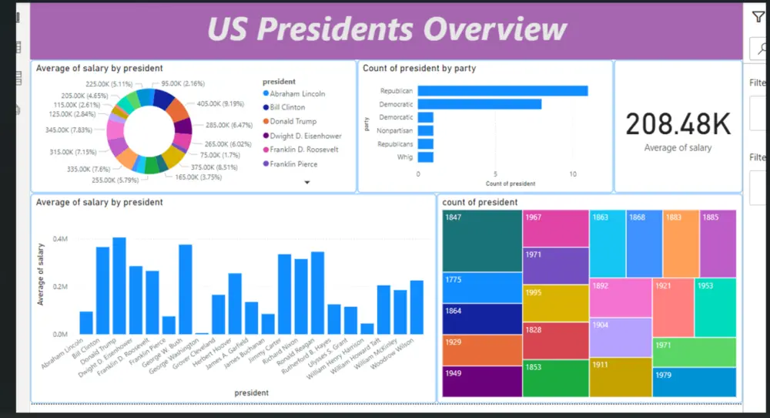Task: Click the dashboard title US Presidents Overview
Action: tap(387, 29)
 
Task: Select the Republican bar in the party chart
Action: tap(502, 91)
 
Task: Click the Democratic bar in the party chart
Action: tap(479, 104)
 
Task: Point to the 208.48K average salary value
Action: tap(678, 124)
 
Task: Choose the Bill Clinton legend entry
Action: tap(288, 107)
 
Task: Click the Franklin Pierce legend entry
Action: tap(293, 163)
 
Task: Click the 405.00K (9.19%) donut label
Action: tap(223, 103)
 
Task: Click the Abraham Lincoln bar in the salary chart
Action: tap(86, 322)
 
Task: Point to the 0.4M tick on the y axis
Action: tap(60, 238)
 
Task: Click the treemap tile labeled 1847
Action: tap(482, 241)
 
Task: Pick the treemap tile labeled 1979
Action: tap(694, 382)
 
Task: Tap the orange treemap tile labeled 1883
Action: tap(681, 243)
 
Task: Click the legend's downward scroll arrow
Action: tap(307, 183)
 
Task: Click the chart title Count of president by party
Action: tap(420, 69)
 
